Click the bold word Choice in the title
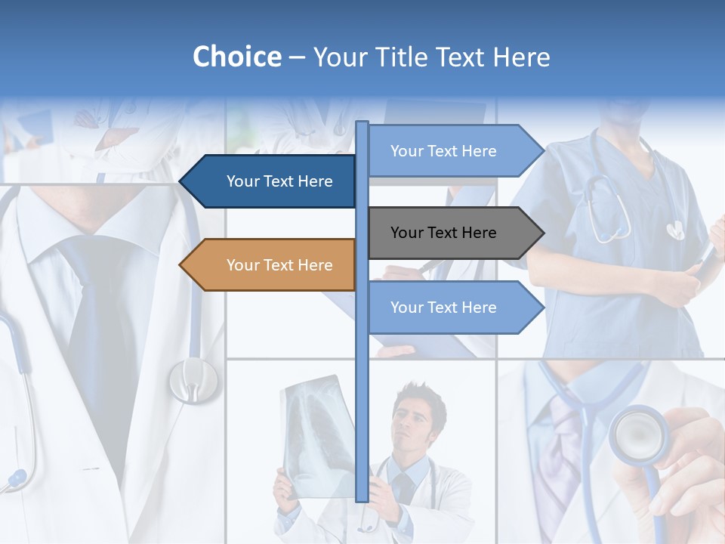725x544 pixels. [236, 57]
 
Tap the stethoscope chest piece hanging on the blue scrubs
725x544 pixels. [674, 229]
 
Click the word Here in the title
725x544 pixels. [521, 57]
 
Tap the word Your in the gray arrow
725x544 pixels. [406, 233]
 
